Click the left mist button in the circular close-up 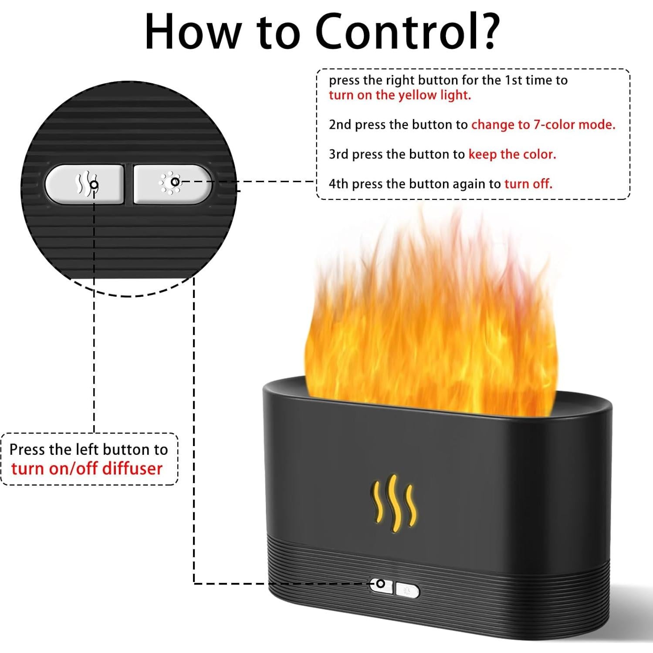[85, 184]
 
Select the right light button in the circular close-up [173, 184]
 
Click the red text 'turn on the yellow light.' [400, 95]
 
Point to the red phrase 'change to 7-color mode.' [543, 125]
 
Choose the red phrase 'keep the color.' [512, 154]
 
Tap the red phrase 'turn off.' [528, 184]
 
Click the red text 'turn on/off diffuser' [87, 469]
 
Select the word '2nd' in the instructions [340, 125]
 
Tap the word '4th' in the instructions [338, 184]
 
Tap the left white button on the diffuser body [382, 585]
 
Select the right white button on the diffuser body [408, 591]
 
